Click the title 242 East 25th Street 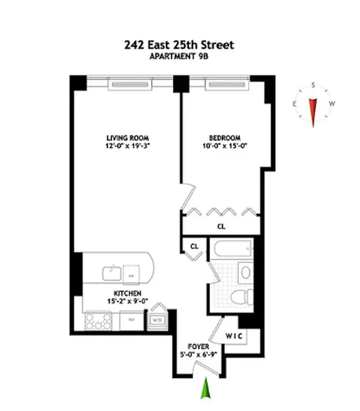179,45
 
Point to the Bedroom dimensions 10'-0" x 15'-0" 225,146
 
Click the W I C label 234,336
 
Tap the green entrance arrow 206,388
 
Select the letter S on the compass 312,86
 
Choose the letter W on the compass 332,104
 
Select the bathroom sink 246,272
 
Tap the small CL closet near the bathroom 194,246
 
